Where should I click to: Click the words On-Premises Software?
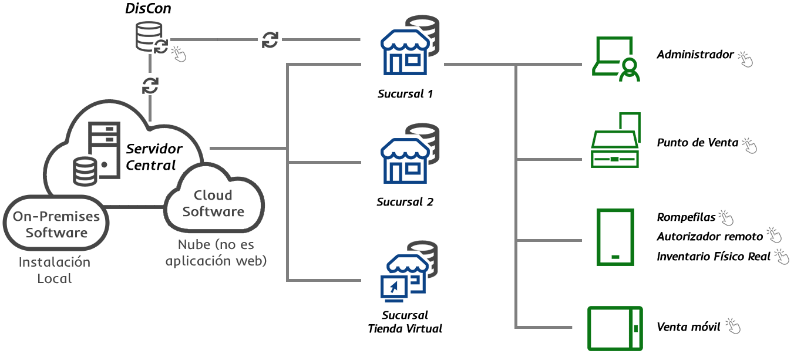pos(56,224)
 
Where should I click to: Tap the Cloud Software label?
pos(213,203)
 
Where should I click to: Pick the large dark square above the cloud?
pos(152,37)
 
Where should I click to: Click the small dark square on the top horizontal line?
pos(270,40)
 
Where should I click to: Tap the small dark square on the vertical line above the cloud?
pos(150,85)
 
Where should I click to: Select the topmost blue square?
pos(405,52)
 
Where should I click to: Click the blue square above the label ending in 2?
pos(405,161)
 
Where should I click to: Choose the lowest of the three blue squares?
pos(405,278)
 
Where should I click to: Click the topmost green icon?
pos(615,59)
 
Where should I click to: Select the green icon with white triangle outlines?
pos(615,140)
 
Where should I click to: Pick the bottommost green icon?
pos(615,328)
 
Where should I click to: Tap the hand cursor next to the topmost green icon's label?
pos(745,59)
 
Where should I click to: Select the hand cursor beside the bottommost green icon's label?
pos(732,325)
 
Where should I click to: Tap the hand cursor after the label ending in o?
pos(775,235)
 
